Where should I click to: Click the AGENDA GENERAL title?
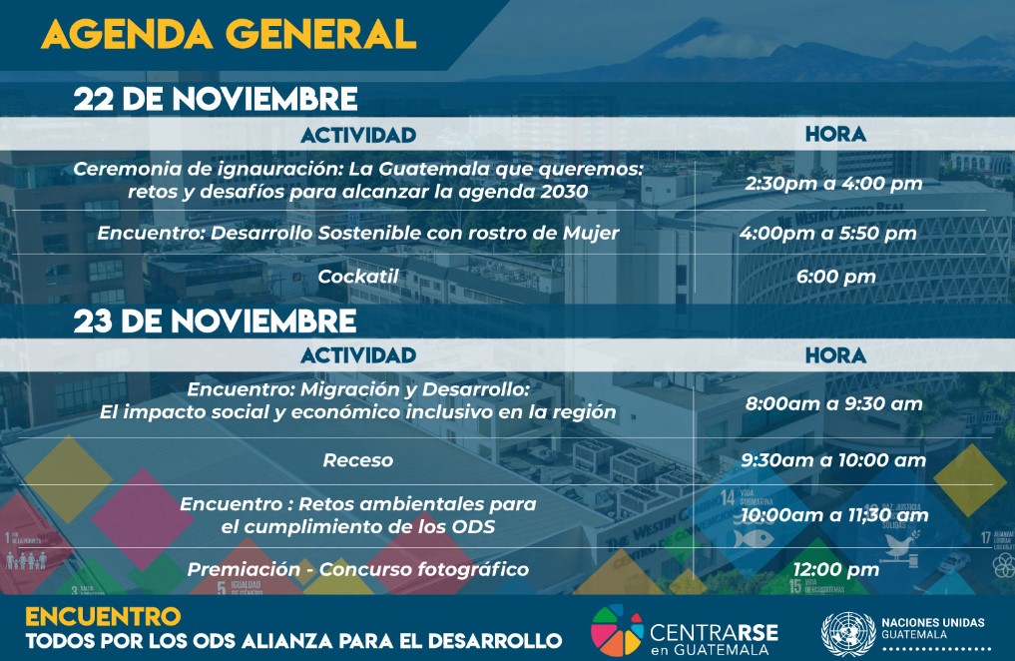click(229, 34)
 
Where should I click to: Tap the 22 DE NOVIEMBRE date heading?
click(215, 99)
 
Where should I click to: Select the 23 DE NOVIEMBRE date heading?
click(215, 322)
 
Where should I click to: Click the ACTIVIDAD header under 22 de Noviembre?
click(358, 135)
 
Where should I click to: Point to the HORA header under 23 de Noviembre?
click(835, 354)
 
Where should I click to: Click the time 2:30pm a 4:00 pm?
click(833, 183)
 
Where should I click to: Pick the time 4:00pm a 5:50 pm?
click(828, 233)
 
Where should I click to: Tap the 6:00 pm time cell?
click(835, 278)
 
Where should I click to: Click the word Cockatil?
click(358, 277)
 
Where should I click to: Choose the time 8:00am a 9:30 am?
click(833, 404)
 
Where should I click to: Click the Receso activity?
click(358, 460)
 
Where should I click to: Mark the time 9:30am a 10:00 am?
click(833, 460)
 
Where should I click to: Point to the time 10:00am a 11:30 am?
click(834, 515)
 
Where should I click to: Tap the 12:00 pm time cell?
click(835, 570)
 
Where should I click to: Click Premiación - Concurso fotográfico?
click(358, 569)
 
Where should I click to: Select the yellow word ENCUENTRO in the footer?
click(103, 616)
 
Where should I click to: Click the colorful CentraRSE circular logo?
click(617, 630)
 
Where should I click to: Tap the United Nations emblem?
click(848, 634)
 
